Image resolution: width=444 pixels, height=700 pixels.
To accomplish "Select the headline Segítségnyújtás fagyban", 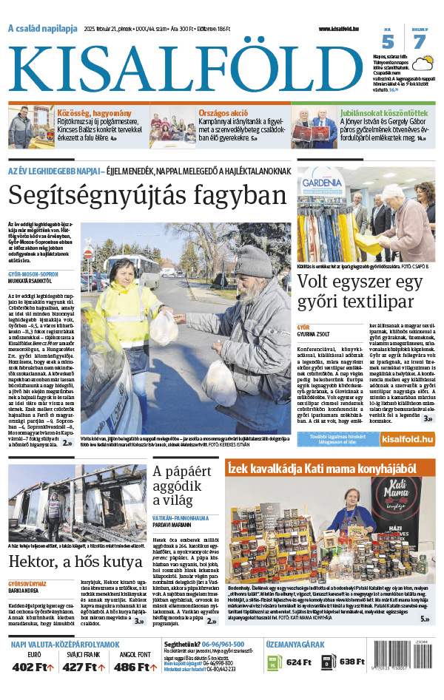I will [147, 195].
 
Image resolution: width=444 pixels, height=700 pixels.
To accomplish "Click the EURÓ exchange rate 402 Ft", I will [34, 667].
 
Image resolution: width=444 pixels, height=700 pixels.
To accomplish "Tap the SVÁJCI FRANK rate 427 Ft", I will [85, 667].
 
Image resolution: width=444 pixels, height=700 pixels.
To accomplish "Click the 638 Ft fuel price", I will [352, 662].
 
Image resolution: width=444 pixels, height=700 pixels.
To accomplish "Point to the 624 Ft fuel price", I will [298, 662].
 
